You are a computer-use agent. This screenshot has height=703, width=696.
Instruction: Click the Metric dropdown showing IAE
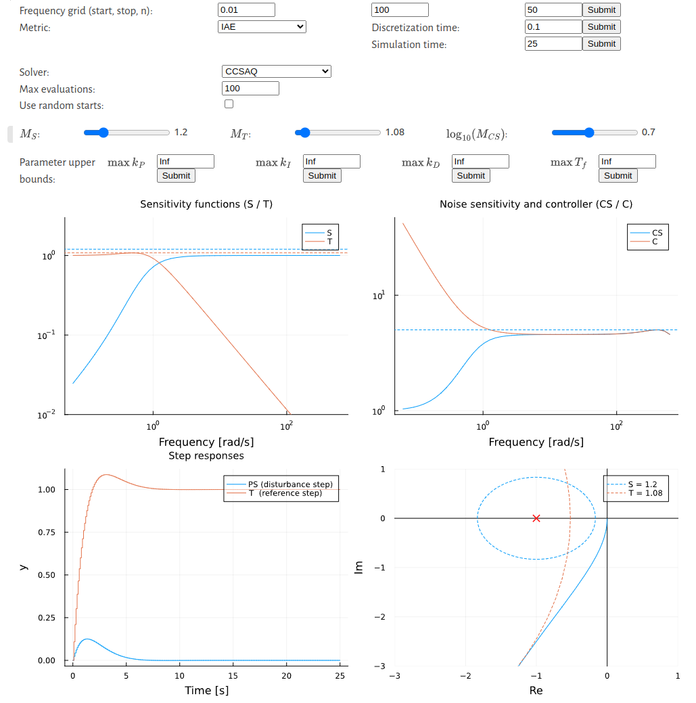262,27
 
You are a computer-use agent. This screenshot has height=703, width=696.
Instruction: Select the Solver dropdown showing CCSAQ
276,71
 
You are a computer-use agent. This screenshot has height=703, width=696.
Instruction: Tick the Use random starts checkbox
229,104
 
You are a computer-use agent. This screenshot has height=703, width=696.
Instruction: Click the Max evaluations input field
250,89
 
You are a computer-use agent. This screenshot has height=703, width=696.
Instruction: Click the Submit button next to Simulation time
601,43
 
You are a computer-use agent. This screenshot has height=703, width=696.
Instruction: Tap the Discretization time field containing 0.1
553,27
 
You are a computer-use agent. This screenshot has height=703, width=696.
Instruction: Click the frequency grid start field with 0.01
246,10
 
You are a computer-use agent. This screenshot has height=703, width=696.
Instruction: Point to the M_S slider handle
103,133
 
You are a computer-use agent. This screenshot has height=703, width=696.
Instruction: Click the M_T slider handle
304,133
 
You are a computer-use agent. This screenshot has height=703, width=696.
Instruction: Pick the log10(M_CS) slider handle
588,133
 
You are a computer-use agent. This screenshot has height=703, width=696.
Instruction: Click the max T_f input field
627,162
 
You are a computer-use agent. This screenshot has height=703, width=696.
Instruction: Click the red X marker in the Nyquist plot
536,518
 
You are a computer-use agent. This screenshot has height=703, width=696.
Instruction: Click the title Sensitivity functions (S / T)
206,204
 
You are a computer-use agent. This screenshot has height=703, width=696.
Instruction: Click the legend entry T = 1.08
647,494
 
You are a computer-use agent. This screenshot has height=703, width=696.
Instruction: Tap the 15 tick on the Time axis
233,676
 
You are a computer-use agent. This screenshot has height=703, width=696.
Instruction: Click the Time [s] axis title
206,691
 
